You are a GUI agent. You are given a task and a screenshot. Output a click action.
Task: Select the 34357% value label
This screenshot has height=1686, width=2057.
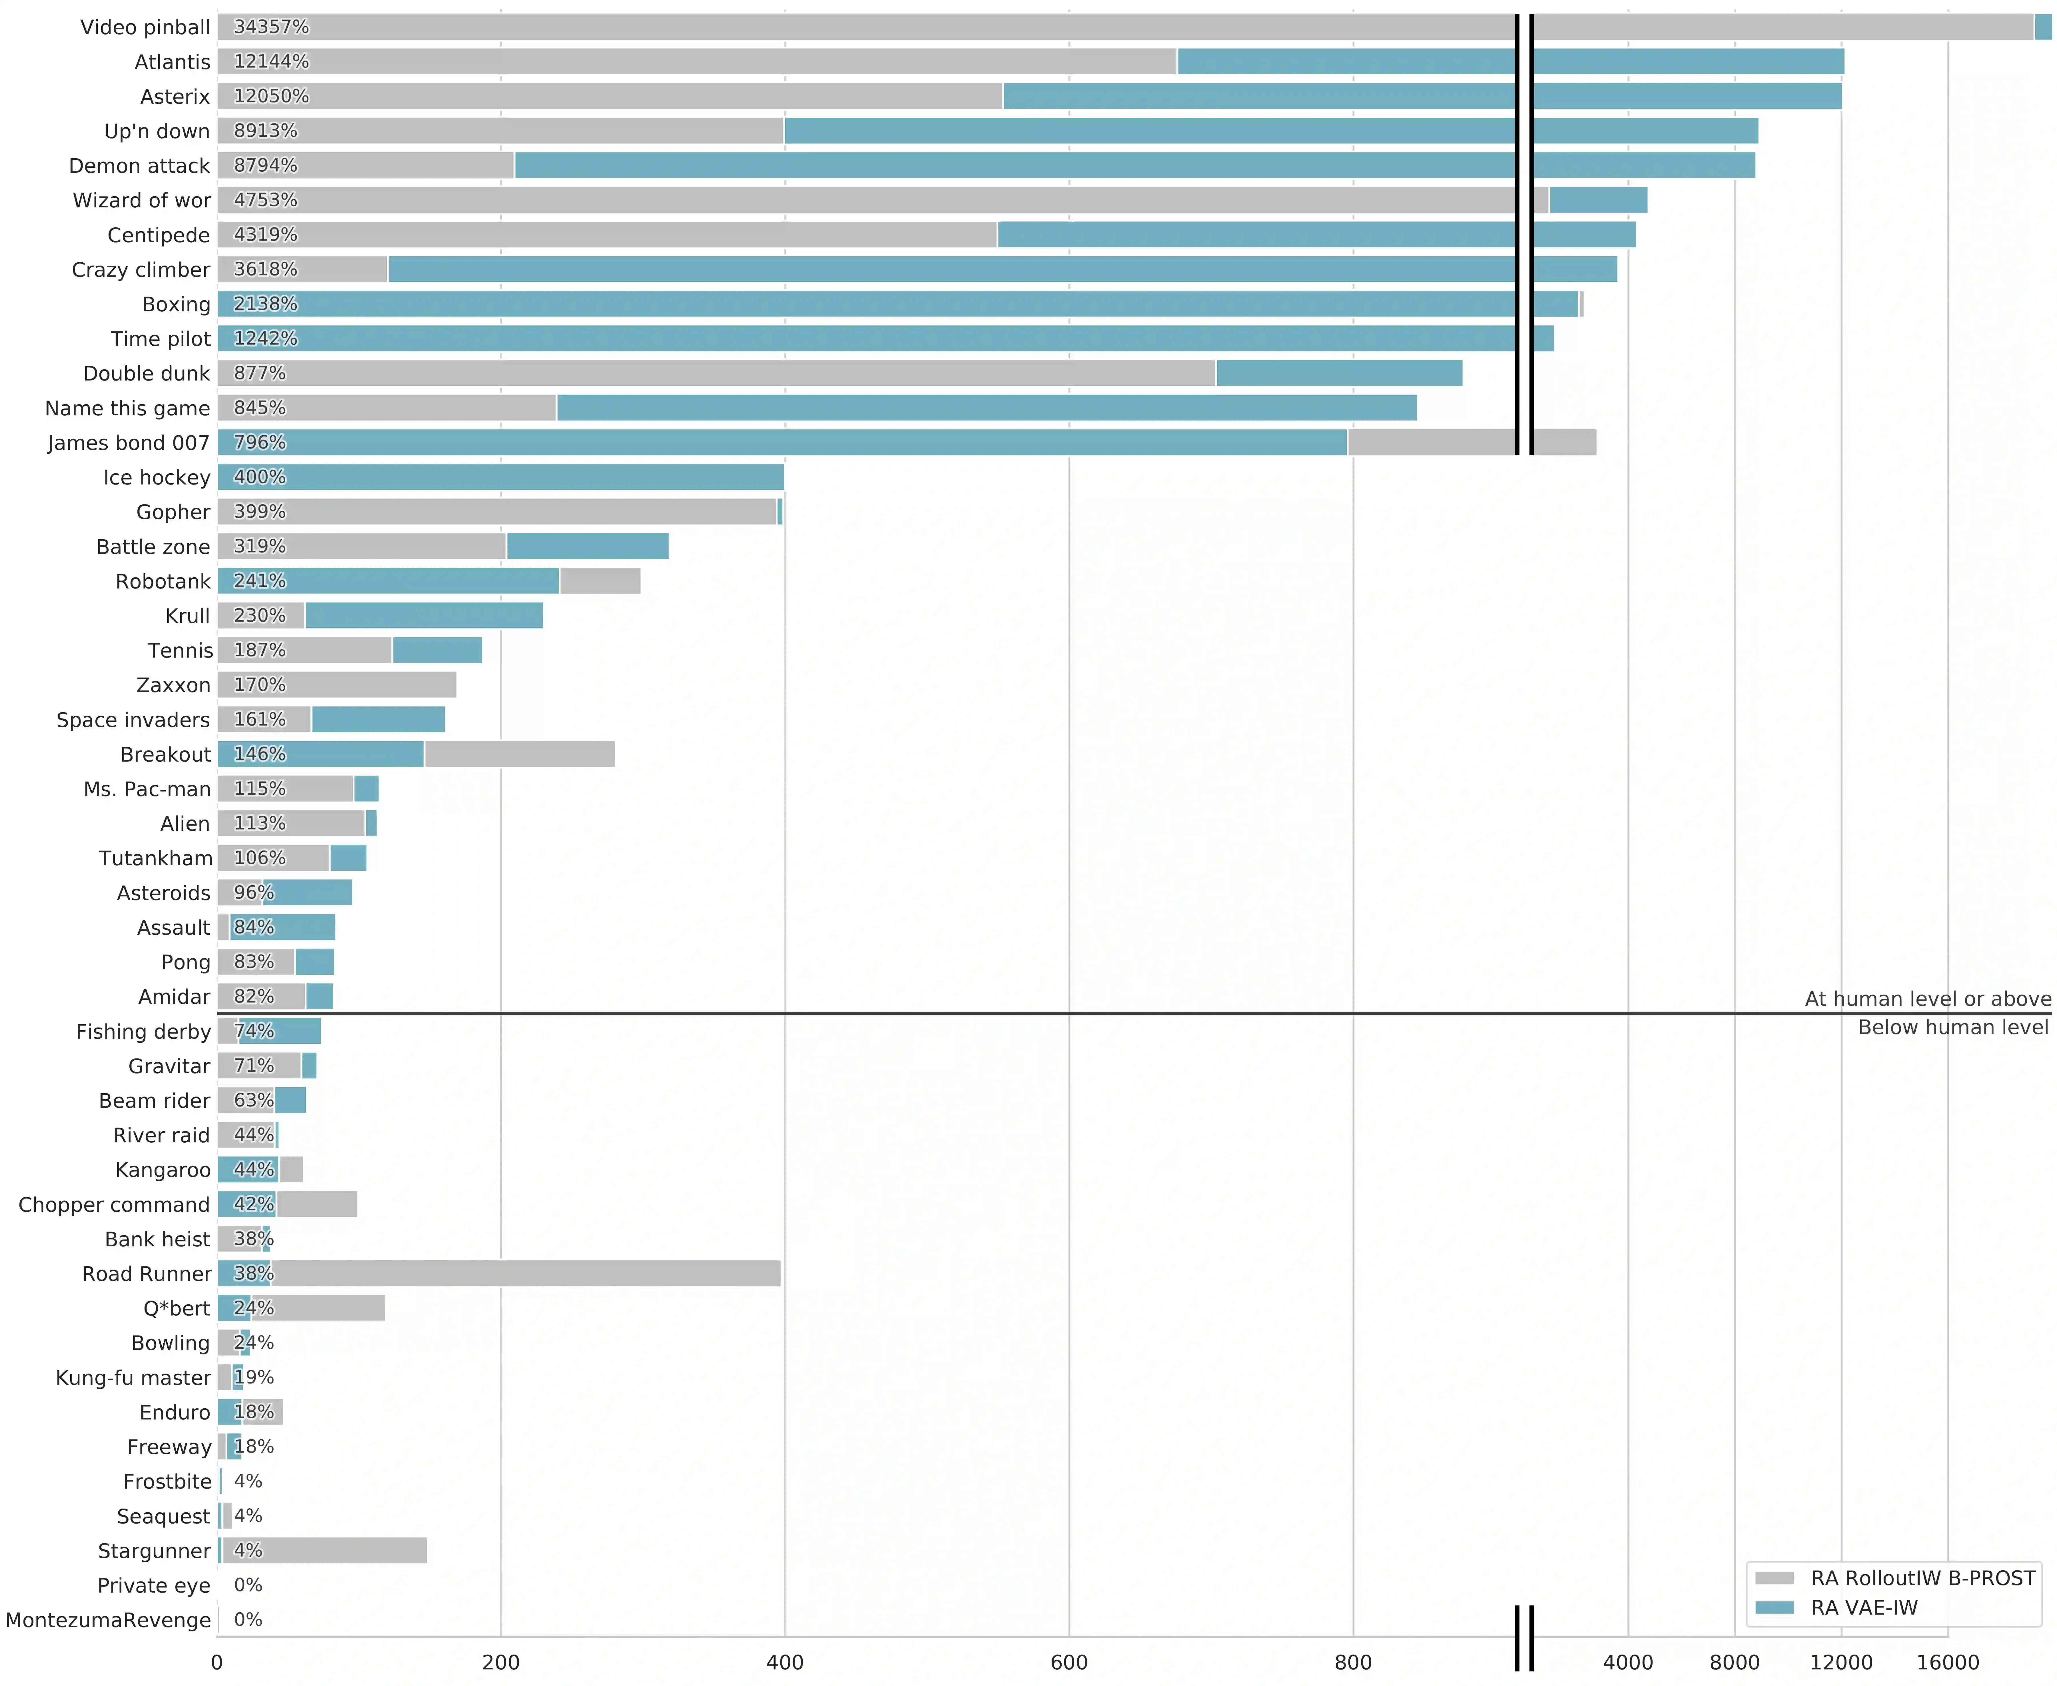coord(271,27)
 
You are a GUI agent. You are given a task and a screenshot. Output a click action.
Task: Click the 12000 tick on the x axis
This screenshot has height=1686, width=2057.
coord(1841,1662)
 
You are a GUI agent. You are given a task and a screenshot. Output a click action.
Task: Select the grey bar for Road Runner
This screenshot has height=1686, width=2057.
coord(524,1273)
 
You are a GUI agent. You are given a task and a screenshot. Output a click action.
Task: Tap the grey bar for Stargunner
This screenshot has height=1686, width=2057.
coord(325,1550)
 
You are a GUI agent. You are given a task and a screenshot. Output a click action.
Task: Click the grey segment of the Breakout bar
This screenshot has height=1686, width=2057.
coord(520,754)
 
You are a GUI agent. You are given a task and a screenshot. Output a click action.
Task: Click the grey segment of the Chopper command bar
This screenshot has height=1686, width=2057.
coord(317,1204)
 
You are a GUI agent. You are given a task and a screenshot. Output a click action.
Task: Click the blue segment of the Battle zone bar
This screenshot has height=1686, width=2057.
coord(588,546)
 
